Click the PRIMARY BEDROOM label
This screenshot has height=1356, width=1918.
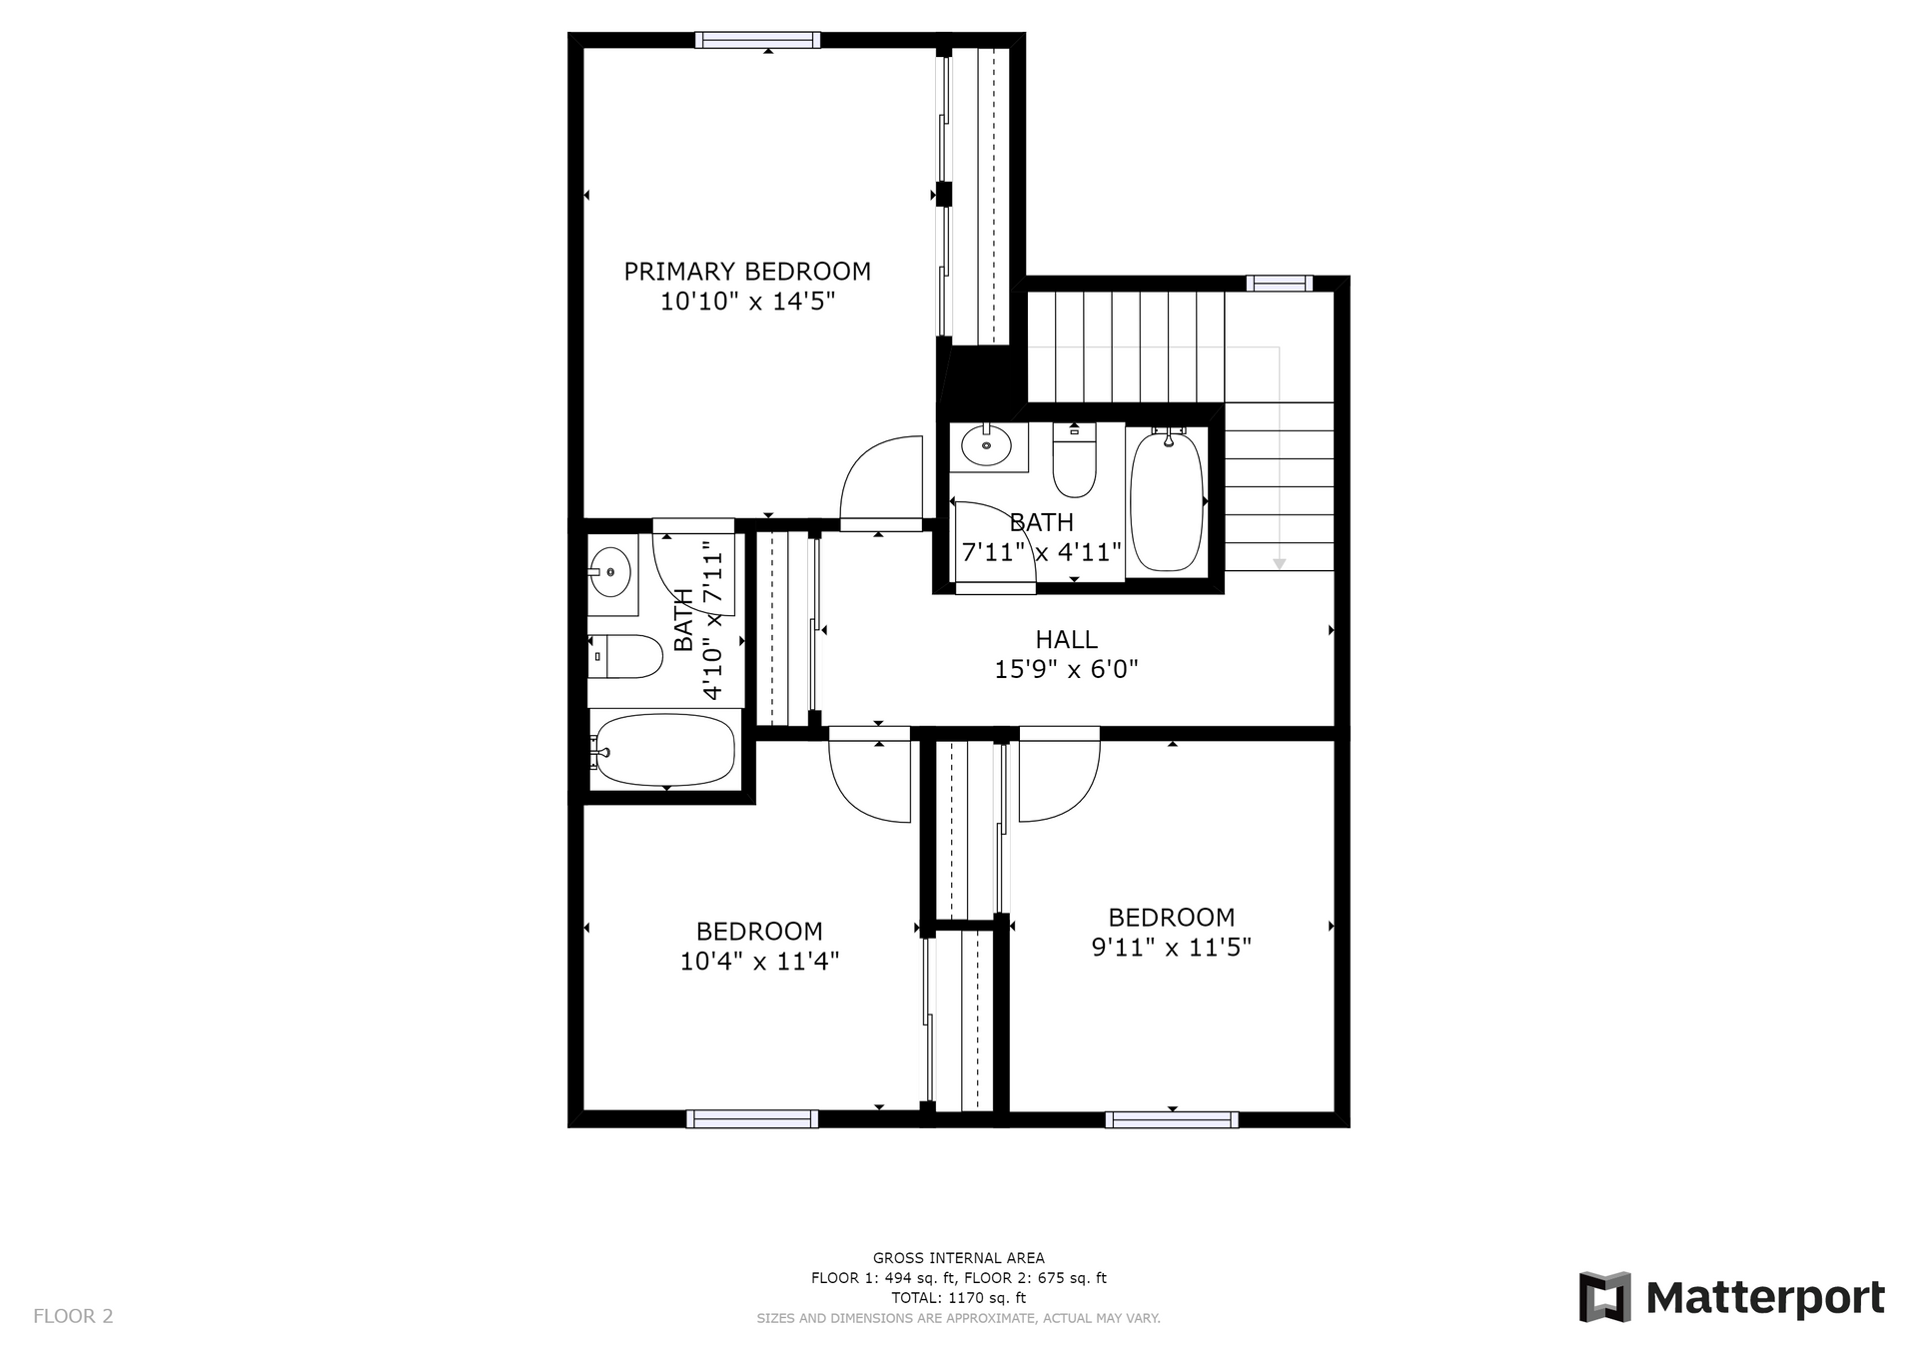[x=747, y=272]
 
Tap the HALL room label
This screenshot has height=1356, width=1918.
[x=1066, y=639]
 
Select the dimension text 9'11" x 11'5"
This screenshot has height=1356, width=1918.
[x=1171, y=947]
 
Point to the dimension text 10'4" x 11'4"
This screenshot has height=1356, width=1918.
[x=759, y=961]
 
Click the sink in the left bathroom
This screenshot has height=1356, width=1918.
[x=609, y=572]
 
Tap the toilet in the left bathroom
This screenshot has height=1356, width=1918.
[x=625, y=656]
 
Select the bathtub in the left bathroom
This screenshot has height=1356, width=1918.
[x=663, y=749]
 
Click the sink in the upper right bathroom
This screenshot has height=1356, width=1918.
[x=987, y=445]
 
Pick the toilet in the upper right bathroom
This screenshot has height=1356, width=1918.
[x=1075, y=460]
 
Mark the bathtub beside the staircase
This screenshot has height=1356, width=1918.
[x=1166, y=499]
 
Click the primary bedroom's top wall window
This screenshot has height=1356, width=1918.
[x=758, y=40]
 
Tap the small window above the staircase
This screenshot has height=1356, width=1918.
[x=1280, y=284]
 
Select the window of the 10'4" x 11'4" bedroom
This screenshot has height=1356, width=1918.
[x=752, y=1119]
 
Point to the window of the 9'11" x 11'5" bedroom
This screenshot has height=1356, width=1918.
[x=1172, y=1119]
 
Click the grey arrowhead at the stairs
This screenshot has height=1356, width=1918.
[x=1279, y=564]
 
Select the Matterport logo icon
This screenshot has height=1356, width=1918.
[x=1604, y=1297]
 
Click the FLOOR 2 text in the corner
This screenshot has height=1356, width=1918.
[x=73, y=1316]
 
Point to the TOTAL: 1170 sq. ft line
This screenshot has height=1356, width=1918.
[x=959, y=1298]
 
